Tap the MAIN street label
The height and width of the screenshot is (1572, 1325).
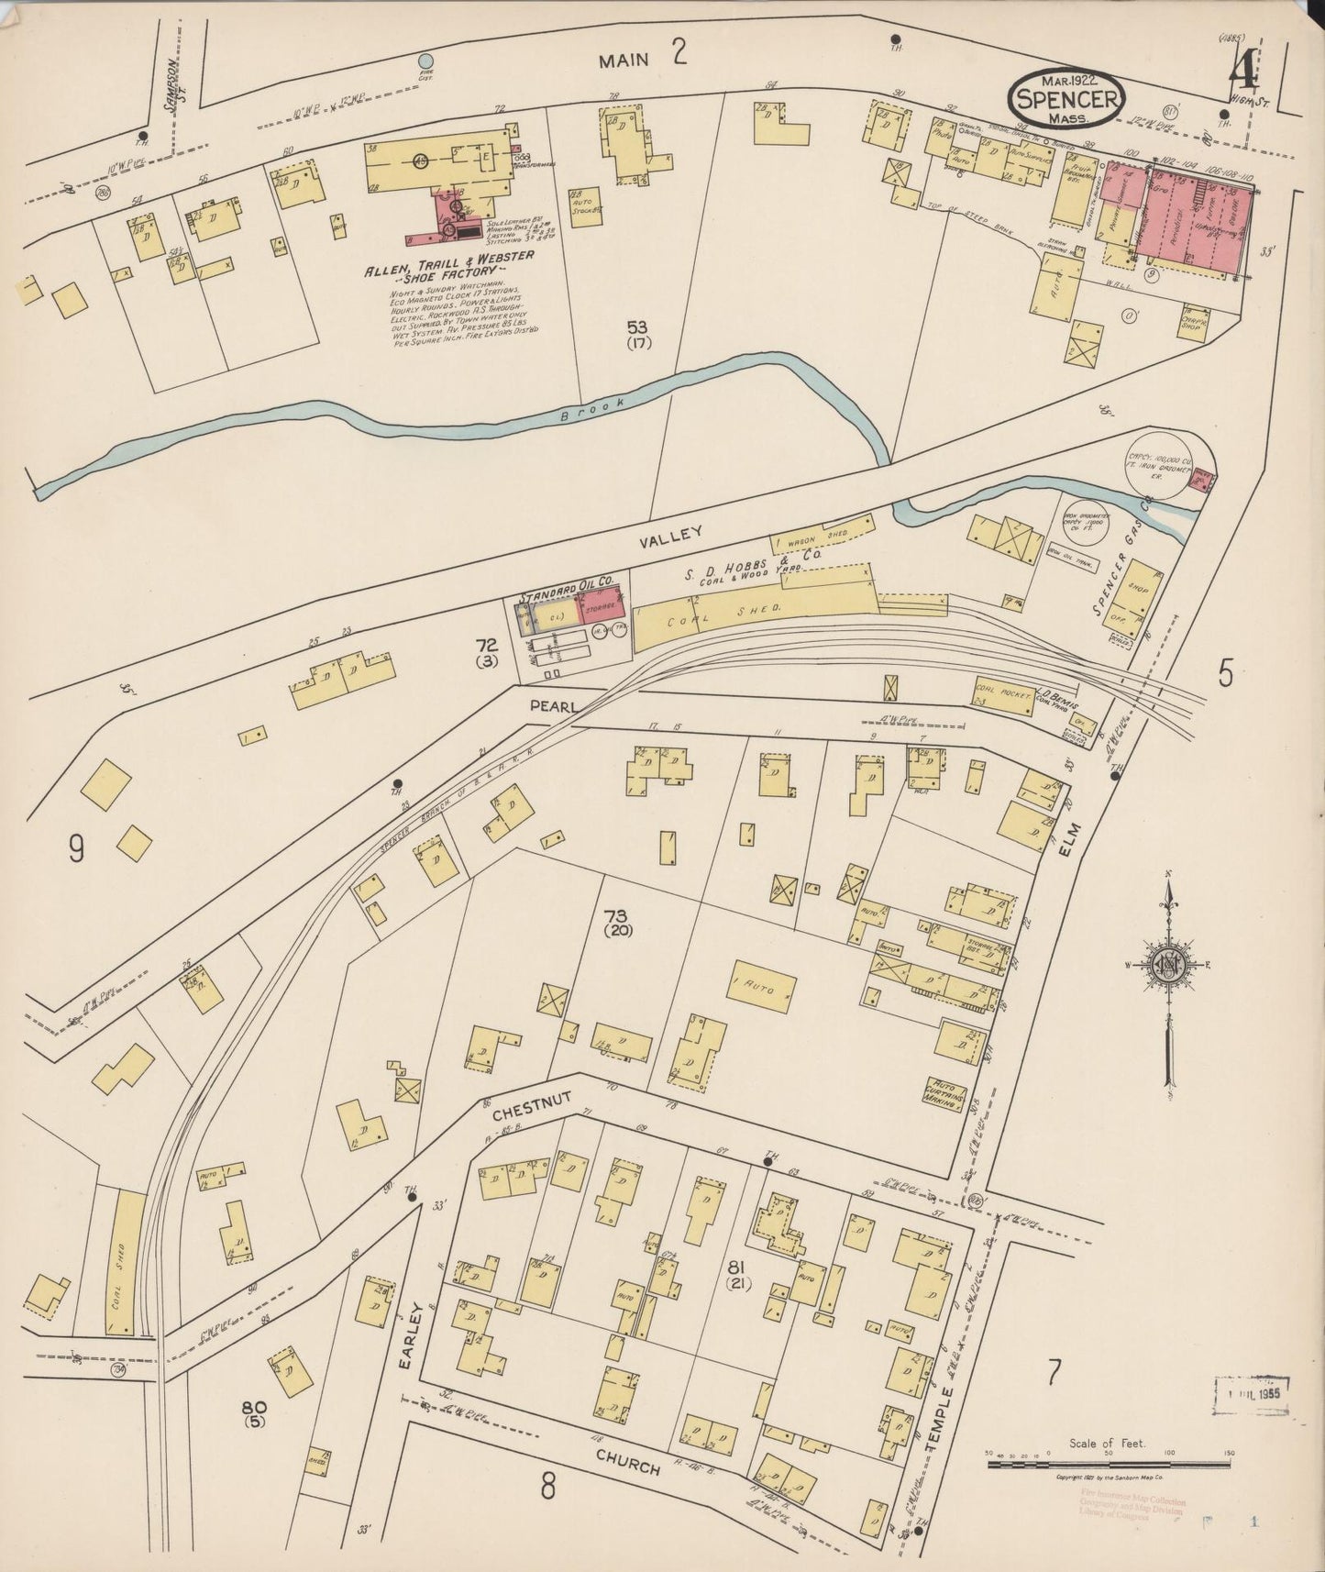[624, 60]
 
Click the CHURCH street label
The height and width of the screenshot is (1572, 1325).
[627, 1462]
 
